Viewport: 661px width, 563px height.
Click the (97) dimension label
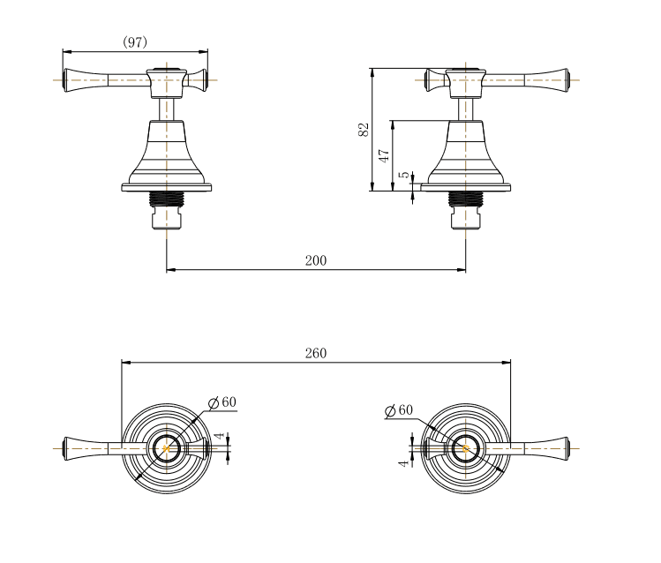134,41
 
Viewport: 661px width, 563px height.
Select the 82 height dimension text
363,129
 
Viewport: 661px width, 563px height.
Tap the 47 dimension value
384,155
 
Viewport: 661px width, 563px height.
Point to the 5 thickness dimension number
404,175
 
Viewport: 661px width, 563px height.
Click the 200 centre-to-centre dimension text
316,260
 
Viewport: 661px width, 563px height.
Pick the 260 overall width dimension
315,353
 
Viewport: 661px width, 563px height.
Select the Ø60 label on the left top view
222,402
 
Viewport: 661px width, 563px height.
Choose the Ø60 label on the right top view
399,410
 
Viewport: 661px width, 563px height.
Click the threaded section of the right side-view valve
466,199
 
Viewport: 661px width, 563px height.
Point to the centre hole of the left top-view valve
165,448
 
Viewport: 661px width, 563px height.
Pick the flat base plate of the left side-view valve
167,187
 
